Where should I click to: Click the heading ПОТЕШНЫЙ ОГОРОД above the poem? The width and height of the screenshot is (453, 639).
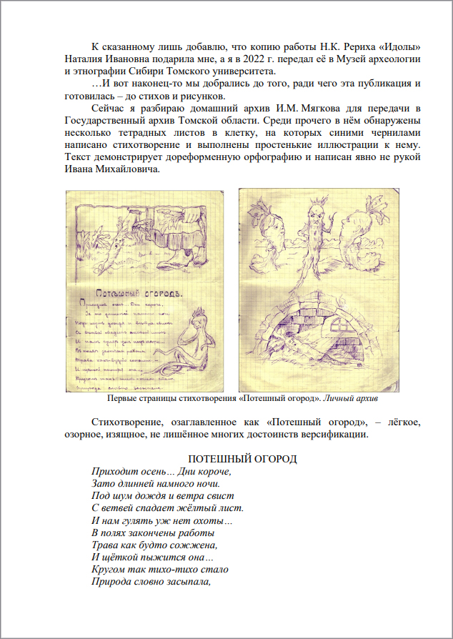pyautogui.click(x=242, y=459)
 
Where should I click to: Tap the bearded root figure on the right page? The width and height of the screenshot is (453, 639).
pyautogui.click(x=311, y=229)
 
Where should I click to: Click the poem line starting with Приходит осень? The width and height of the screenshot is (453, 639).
pyautogui.click(x=162, y=472)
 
